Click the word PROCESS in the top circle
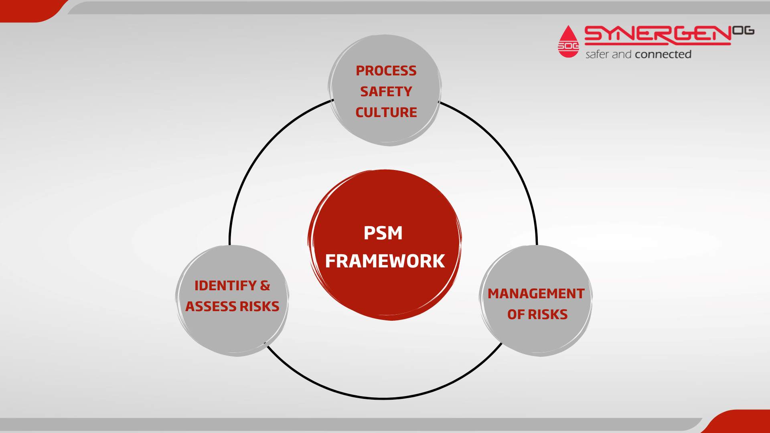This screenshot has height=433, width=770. click(386, 71)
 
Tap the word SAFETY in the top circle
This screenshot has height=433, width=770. click(386, 92)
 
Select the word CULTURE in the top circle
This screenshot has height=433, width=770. click(386, 113)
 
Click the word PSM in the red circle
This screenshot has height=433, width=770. click(383, 233)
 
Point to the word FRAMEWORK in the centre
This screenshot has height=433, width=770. click(385, 261)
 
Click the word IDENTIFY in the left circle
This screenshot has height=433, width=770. click(225, 286)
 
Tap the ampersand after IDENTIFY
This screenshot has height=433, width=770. click(265, 286)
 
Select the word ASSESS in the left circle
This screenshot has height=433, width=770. click(211, 307)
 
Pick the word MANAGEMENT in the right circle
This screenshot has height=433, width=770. click(536, 294)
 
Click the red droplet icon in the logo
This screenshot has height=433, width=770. click(568, 42)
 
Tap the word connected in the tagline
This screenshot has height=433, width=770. click(663, 55)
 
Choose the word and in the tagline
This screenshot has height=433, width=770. click(622, 55)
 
